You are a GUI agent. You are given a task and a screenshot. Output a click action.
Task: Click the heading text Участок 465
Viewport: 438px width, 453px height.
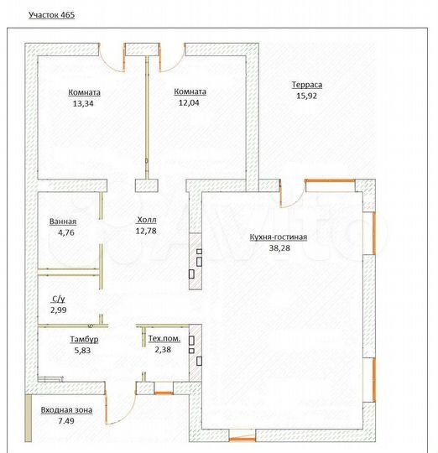click(x=52, y=15)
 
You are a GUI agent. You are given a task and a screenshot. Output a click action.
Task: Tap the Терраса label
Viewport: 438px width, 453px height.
click(x=307, y=85)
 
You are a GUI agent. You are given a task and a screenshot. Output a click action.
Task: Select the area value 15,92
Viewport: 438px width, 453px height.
click(x=306, y=96)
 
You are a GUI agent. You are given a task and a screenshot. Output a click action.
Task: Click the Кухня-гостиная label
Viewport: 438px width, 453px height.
click(x=279, y=237)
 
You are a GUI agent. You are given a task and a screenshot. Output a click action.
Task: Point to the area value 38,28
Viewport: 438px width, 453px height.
click(x=279, y=247)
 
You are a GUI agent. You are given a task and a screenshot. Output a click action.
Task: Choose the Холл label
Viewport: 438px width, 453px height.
click(x=147, y=220)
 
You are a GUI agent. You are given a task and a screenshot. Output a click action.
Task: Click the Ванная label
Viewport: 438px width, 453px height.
click(x=63, y=221)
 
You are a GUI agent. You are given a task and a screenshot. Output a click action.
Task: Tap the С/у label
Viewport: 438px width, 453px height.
click(x=59, y=299)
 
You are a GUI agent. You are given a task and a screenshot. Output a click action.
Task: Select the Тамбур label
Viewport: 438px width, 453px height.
click(x=84, y=339)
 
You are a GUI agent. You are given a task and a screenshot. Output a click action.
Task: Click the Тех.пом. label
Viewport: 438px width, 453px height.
click(x=164, y=338)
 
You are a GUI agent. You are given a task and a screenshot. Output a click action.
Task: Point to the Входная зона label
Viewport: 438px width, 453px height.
click(x=66, y=409)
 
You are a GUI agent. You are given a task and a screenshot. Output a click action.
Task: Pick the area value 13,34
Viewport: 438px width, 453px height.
click(x=83, y=103)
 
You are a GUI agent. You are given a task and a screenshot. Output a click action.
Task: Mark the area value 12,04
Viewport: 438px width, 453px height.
click(x=189, y=102)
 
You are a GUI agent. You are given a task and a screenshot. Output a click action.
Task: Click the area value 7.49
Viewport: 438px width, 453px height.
click(x=66, y=421)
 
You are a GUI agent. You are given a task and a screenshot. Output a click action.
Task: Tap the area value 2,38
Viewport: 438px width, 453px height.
click(x=163, y=350)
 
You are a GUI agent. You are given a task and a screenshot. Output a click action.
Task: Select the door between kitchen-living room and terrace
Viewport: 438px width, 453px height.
click(x=292, y=196)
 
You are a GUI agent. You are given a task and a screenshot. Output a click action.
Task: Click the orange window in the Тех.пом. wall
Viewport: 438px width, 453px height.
click(x=164, y=393)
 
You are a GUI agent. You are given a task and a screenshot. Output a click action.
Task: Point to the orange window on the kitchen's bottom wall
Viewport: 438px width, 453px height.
click(x=242, y=440)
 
